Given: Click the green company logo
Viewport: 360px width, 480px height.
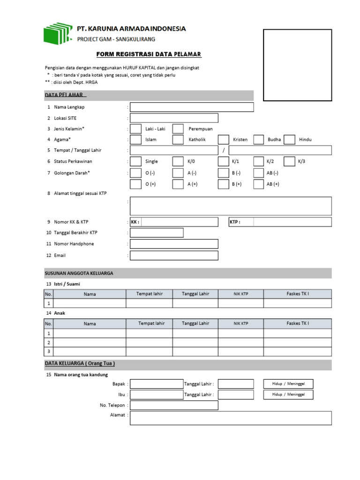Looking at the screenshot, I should (x=58, y=33).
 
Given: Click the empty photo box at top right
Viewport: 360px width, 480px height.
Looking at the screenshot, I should (x=297, y=65).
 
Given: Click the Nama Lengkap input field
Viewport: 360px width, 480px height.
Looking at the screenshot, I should (x=192, y=107).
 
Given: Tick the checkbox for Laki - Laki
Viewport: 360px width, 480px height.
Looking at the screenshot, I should (x=135, y=129).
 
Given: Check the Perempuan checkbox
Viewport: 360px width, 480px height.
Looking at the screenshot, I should (x=178, y=129).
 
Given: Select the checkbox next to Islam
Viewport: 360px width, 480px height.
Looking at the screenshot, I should (x=135, y=140).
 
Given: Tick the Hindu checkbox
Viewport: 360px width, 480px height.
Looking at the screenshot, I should (x=289, y=140).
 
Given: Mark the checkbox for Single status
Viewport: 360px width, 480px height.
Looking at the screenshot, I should (x=135, y=161).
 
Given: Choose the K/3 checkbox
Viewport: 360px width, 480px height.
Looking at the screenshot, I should (x=289, y=161).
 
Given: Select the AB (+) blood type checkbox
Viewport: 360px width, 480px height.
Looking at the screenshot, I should (x=258, y=184).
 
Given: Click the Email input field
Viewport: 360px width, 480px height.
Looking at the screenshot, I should (x=174, y=255).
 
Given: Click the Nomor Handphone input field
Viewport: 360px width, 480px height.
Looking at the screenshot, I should (x=174, y=244).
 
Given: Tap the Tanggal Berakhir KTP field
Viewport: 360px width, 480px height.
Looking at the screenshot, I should (x=157, y=232).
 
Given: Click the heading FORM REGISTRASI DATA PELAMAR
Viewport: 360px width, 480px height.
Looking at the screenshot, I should (x=149, y=55).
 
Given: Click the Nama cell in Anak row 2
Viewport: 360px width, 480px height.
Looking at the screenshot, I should (x=90, y=342).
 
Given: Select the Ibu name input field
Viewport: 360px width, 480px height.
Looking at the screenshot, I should (x=157, y=395).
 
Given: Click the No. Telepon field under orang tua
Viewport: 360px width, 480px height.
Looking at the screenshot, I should (x=174, y=405).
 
